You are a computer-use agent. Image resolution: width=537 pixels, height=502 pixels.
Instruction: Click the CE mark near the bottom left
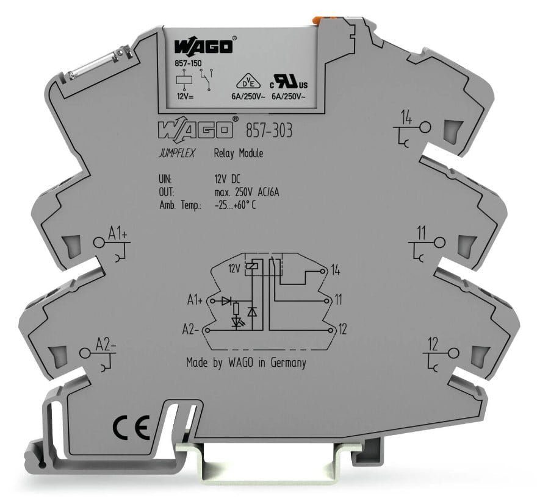(x=132, y=428)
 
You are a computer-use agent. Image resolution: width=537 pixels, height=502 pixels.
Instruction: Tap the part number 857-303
(x=269, y=130)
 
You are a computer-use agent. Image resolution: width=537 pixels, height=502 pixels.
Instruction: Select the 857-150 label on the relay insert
(x=188, y=63)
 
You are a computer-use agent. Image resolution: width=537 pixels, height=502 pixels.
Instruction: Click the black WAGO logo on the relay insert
(x=203, y=46)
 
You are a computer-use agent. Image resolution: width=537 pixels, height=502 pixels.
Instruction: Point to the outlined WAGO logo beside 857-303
(x=196, y=130)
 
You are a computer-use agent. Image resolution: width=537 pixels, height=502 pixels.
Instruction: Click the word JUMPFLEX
(x=177, y=153)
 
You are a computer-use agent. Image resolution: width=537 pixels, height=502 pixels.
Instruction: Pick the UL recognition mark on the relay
(x=289, y=82)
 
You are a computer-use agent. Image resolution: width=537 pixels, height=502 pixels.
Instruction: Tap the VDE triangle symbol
(x=248, y=82)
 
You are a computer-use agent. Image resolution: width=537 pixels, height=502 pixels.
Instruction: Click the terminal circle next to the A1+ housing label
(x=99, y=242)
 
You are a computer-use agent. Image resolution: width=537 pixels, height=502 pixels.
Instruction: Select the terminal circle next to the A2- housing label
(x=85, y=353)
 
